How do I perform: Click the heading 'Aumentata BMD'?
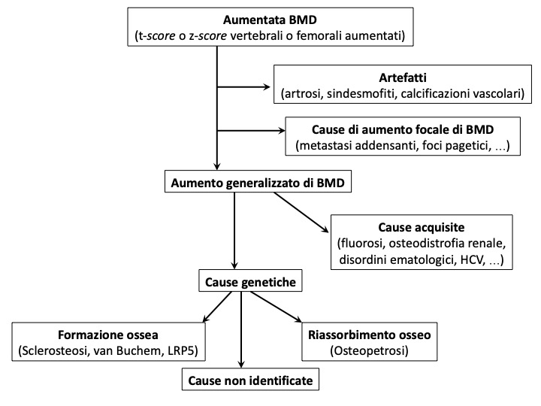point(270,20)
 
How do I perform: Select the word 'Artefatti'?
point(403,77)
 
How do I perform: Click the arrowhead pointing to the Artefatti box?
point(267,87)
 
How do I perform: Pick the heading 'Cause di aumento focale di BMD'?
point(403,129)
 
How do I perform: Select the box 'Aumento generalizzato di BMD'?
point(258,181)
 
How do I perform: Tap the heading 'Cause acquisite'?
point(422,227)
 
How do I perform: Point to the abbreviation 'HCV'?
point(470,259)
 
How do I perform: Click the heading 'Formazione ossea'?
point(108,335)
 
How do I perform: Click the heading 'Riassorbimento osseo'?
point(370,335)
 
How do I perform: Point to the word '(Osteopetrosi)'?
point(370,351)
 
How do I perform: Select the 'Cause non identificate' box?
point(250,380)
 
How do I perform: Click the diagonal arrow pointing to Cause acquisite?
point(301,212)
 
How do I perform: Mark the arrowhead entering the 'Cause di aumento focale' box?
point(282,131)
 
